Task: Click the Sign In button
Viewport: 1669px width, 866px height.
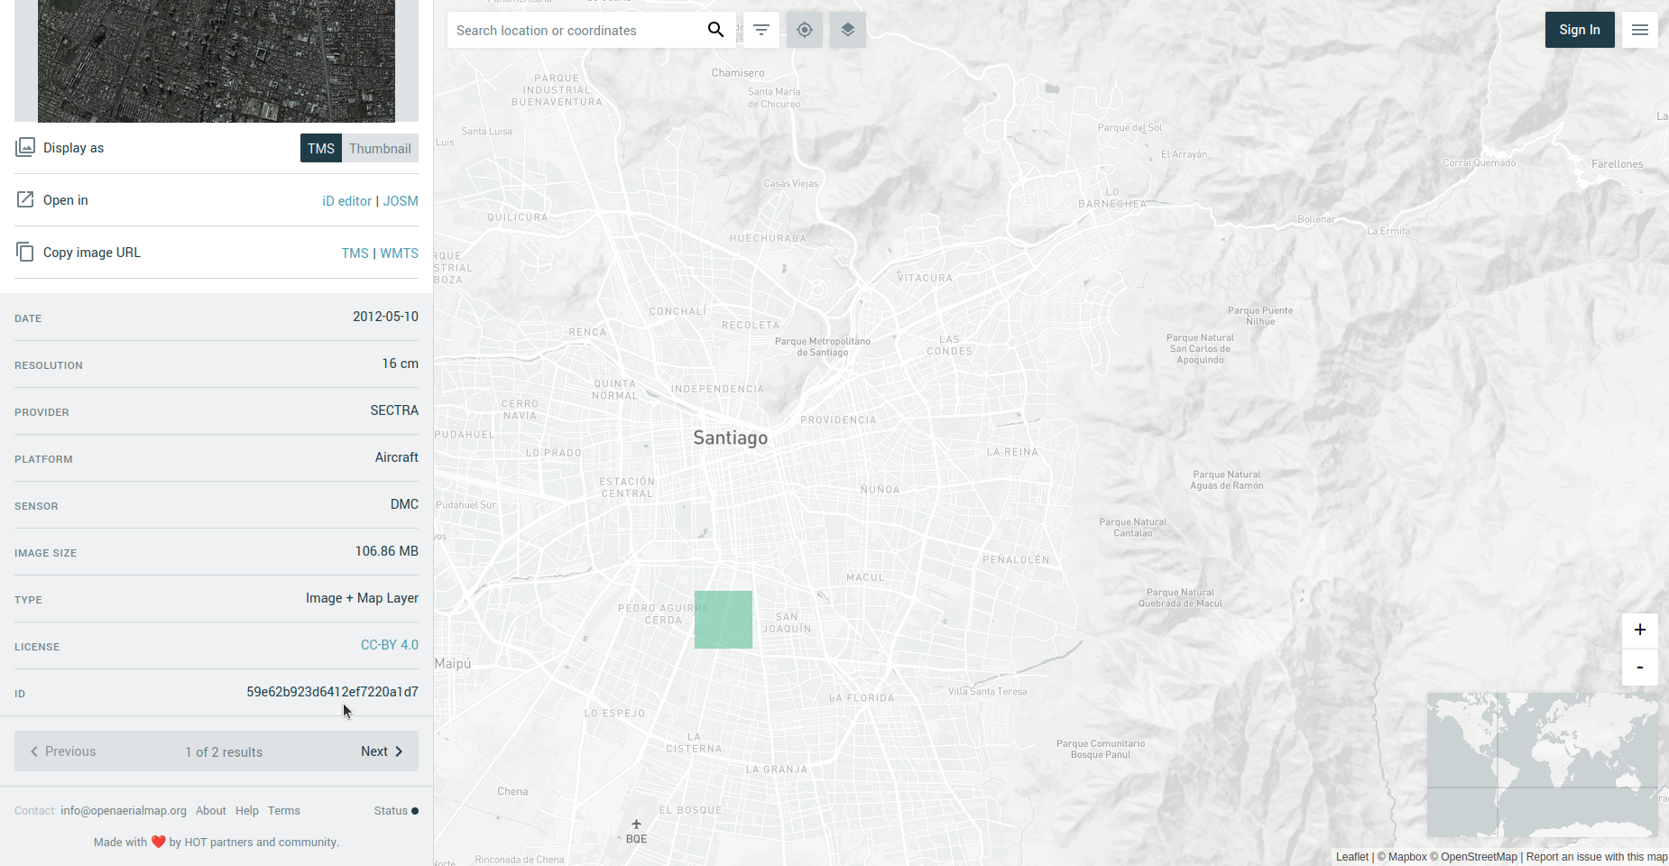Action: [1579, 30]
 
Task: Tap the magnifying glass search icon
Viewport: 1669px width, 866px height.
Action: [715, 30]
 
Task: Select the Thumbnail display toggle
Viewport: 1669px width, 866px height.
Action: [380, 149]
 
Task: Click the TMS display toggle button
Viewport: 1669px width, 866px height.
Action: [320, 149]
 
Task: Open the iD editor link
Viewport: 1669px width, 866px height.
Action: [346, 201]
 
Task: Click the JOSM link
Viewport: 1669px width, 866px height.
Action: [401, 201]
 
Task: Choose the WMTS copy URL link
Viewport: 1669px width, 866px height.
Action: [399, 253]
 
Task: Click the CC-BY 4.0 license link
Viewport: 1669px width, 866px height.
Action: [389, 645]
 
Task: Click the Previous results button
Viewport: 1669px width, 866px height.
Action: [63, 751]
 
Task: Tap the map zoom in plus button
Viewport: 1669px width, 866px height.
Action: [1639, 630]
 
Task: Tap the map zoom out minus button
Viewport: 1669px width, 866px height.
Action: [1639, 668]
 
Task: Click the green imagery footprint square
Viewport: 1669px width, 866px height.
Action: [723, 620]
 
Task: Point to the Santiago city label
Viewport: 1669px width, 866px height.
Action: [730, 438]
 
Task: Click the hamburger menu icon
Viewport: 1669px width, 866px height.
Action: [1639, 30]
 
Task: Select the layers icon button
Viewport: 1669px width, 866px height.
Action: [847, 30]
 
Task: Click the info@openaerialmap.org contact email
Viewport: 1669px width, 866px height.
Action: [124, 811]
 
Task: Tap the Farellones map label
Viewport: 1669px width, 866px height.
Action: [1617, 164]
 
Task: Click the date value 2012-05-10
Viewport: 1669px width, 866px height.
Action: [385, 317]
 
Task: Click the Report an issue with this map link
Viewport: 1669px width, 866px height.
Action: [1596, 857]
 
